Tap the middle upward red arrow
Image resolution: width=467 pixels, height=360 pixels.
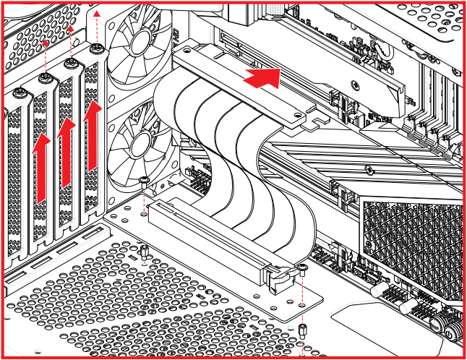point(67,152)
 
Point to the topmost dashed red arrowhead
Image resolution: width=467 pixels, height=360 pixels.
point(98,13)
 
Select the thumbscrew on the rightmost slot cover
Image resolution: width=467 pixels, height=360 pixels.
point(97,48)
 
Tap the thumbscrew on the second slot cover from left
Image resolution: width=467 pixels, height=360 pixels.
point(46,77)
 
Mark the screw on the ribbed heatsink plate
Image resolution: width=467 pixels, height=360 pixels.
point(370,171)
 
